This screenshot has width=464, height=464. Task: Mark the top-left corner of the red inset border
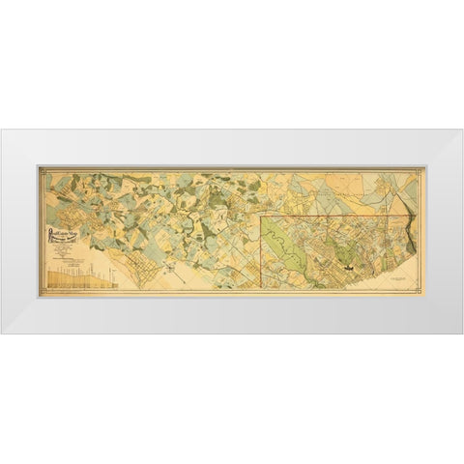click(265, 219)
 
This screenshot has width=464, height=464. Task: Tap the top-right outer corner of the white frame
click(463, 130)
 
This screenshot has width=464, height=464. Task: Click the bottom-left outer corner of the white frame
click(1, 333)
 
